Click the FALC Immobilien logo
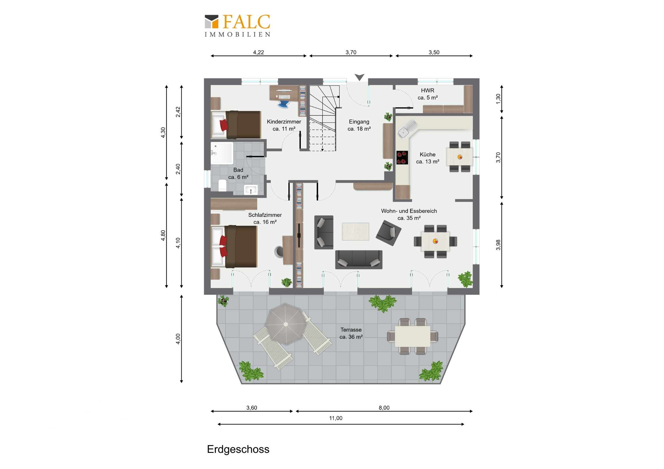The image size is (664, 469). tap(237, 25)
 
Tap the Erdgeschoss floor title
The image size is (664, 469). tap(238, 449)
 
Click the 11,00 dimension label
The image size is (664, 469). tap(335, 418)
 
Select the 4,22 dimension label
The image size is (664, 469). tap(258, 52)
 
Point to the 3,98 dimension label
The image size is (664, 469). tap(498, 245)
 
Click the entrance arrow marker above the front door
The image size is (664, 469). tap(359, 77)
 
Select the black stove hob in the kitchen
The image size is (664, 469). tap(402, 157)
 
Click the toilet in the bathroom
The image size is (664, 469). tap(222, 185)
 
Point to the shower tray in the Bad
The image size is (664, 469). tap(222, 153)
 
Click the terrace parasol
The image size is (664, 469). tap(286, 324)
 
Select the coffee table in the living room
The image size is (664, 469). tap(355, 231)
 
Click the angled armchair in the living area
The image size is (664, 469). tap(388, 233)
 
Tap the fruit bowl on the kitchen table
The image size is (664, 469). tap(460, 157)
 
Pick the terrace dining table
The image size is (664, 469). tap(412, 336)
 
